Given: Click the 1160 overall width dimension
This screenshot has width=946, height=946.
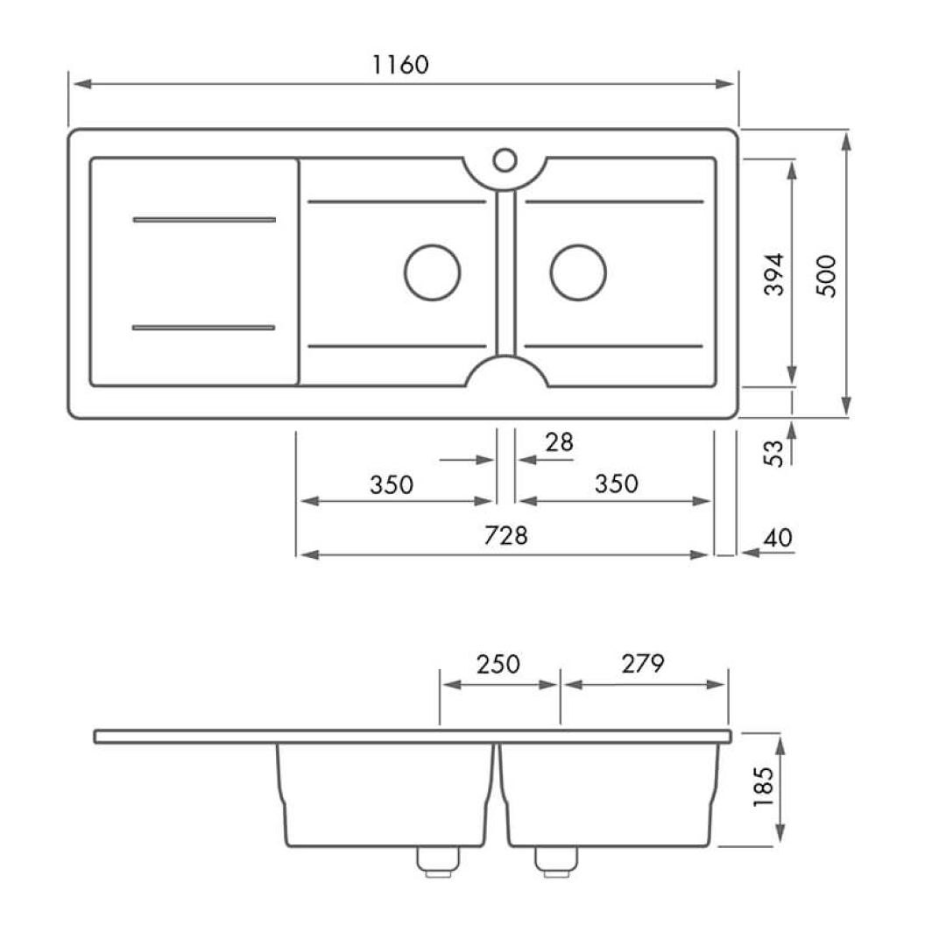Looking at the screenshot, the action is pos(400,65).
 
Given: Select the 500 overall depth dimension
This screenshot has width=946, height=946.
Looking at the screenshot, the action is pos(827,276).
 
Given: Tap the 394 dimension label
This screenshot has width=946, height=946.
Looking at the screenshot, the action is pos(774,274).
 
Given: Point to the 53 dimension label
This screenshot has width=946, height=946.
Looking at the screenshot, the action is pos(773,453).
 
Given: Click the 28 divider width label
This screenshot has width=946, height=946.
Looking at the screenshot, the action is pos(559,443).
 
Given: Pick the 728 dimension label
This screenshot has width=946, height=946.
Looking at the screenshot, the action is pos(505,536).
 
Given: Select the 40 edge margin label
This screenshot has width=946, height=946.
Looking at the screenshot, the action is pos(778,538).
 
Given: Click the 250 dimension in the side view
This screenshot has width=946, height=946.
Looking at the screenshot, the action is pos(498,664).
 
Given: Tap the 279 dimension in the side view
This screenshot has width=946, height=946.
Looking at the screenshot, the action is pos(643,664).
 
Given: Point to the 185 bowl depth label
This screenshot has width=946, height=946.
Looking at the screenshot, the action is pos(763,787).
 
